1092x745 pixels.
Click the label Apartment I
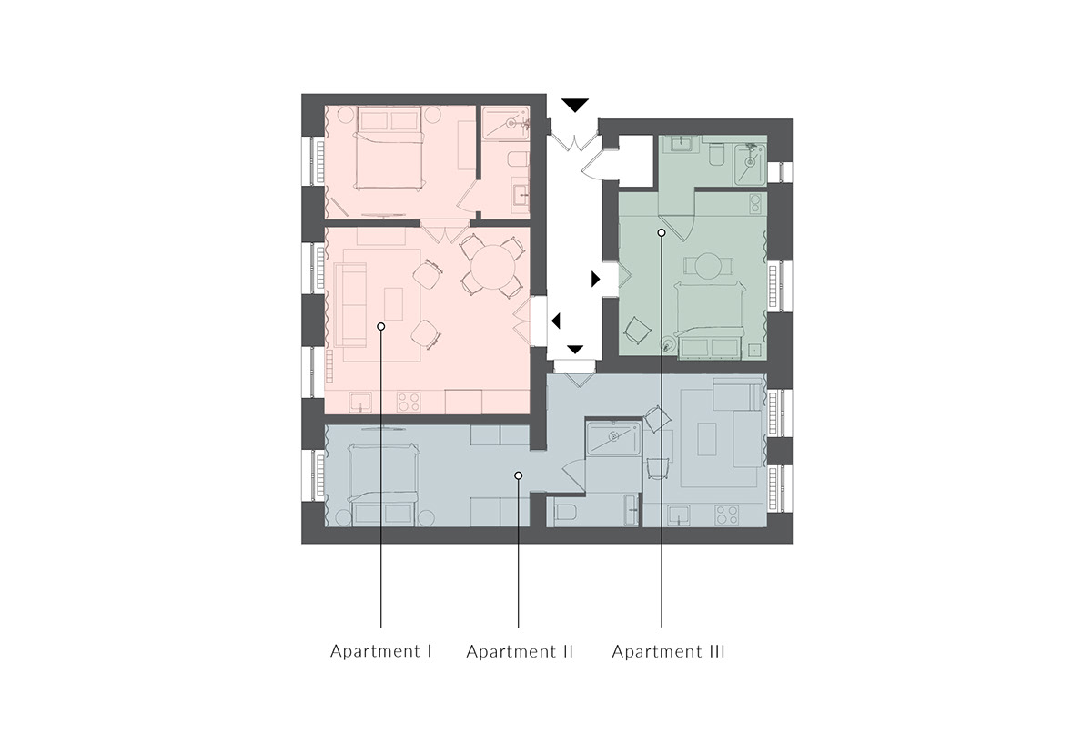click(x=381, y=651)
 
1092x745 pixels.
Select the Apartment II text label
click(x=520, y=651)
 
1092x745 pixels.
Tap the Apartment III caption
click(x=668, y=651)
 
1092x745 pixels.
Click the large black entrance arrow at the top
click(x=575, y=106)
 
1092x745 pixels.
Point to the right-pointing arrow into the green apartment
click(x=595, y=279)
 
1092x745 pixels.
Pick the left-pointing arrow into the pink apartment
click(x=556, y=321)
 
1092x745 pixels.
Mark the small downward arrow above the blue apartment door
click(x=575, y=350)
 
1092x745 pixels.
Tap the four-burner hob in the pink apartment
click(x=409, y=402)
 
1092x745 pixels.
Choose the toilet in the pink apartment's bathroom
click(x=518, y=159)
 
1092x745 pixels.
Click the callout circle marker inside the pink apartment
click(x=381, y=326)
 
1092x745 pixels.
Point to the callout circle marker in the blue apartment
click(x=519, y=475)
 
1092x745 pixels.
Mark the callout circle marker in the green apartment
click(x=662, y=233)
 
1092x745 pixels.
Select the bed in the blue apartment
click(x=383, y=485)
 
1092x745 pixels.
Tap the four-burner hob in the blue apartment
click(x=726, y=515)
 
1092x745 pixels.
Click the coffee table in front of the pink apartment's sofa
click(x=394, y=304)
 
